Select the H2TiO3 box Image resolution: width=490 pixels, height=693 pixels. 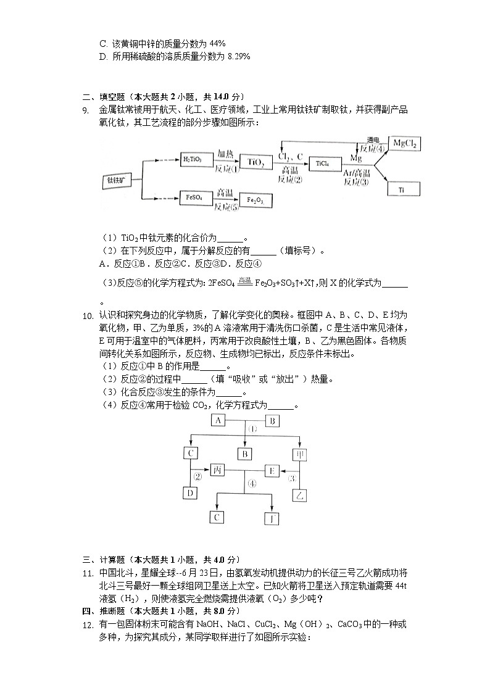click(193, 159)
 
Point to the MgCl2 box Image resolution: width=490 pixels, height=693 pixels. click(404, 144)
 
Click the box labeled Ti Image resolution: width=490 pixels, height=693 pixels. click(402, 189)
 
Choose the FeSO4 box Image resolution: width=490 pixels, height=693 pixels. click(193, 198)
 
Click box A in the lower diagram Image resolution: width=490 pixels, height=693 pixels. click(218, 420)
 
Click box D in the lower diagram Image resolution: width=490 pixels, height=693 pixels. click(191, 493)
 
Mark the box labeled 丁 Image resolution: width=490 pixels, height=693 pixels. click(272, 518)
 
